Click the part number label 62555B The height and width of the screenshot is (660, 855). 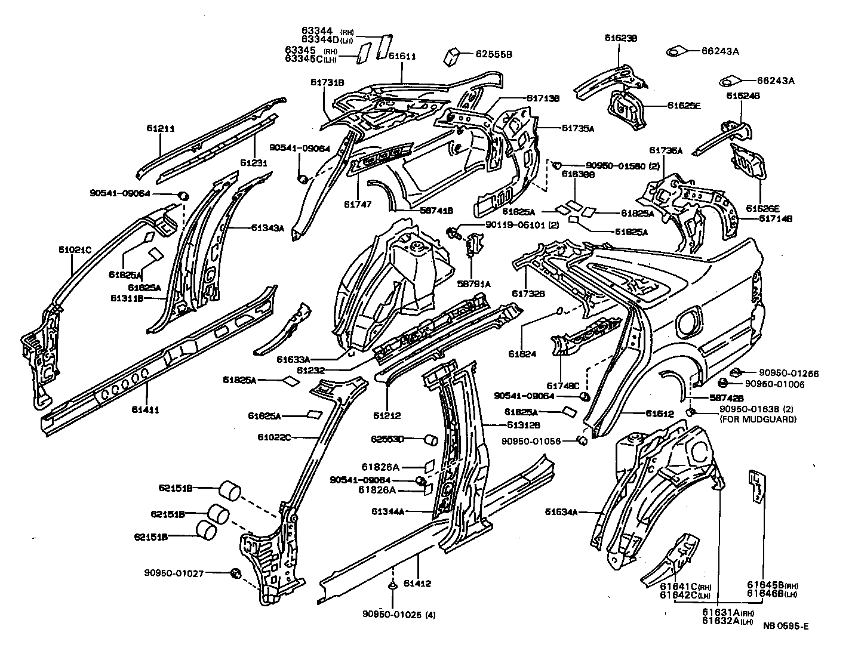click(x=494, y=54)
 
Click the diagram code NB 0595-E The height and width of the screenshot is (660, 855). click(x=786, y=625)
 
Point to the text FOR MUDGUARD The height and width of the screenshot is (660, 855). click(x=758, y=419)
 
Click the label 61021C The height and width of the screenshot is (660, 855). click(x=74, y=249)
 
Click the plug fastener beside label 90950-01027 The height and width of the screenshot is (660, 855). click(x=235, y=573)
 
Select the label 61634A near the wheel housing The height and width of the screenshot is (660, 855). click(x=561, y=511)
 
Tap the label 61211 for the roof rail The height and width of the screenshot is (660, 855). click(x=161, y=128)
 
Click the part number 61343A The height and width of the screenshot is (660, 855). click(x=267, y=227)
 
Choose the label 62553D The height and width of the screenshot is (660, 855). click(x=387, y=439)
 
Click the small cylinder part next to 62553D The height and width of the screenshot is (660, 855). click(x=430, y=440)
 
